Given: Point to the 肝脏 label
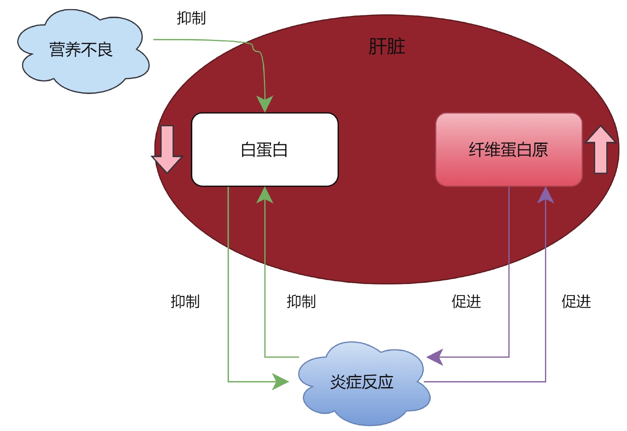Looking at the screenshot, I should [x=387, y=47].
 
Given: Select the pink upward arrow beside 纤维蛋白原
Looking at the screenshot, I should [x=600, y=149].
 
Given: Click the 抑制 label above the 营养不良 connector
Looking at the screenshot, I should [x=191, y=18].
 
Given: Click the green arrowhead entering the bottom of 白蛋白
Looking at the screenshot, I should [x=265, y=195].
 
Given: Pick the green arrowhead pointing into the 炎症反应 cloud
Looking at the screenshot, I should [x=280, y=382].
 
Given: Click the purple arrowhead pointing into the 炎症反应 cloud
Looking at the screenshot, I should [x=436, y=357].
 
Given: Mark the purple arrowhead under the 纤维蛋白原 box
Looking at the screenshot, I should [x=545, y=195].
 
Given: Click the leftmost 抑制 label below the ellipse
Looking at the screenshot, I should [x=185, y=302].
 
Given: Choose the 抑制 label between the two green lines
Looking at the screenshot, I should [x=301, y=302].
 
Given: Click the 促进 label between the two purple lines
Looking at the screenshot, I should [x=466, y=302].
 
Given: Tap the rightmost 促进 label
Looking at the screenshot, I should [x=576, y=302].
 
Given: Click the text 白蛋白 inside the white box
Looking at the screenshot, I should [x=264, y=150].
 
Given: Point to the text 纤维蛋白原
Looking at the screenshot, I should [x=508, y=150].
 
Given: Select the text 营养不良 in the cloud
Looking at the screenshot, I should [x=81, y=50].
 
